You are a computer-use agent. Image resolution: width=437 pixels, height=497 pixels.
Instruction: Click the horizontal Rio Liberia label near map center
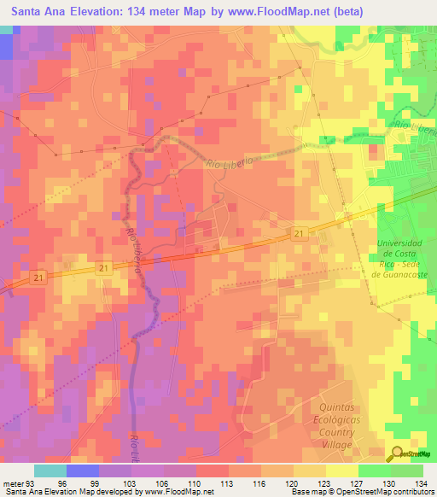pyautogui.click(x=230, y=162)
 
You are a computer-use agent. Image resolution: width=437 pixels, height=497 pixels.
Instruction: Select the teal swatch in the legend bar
pyautogui.click(x=50, y=471)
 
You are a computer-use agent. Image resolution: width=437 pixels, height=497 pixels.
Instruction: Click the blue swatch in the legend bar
pyautogui.click(x=83, y=471)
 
